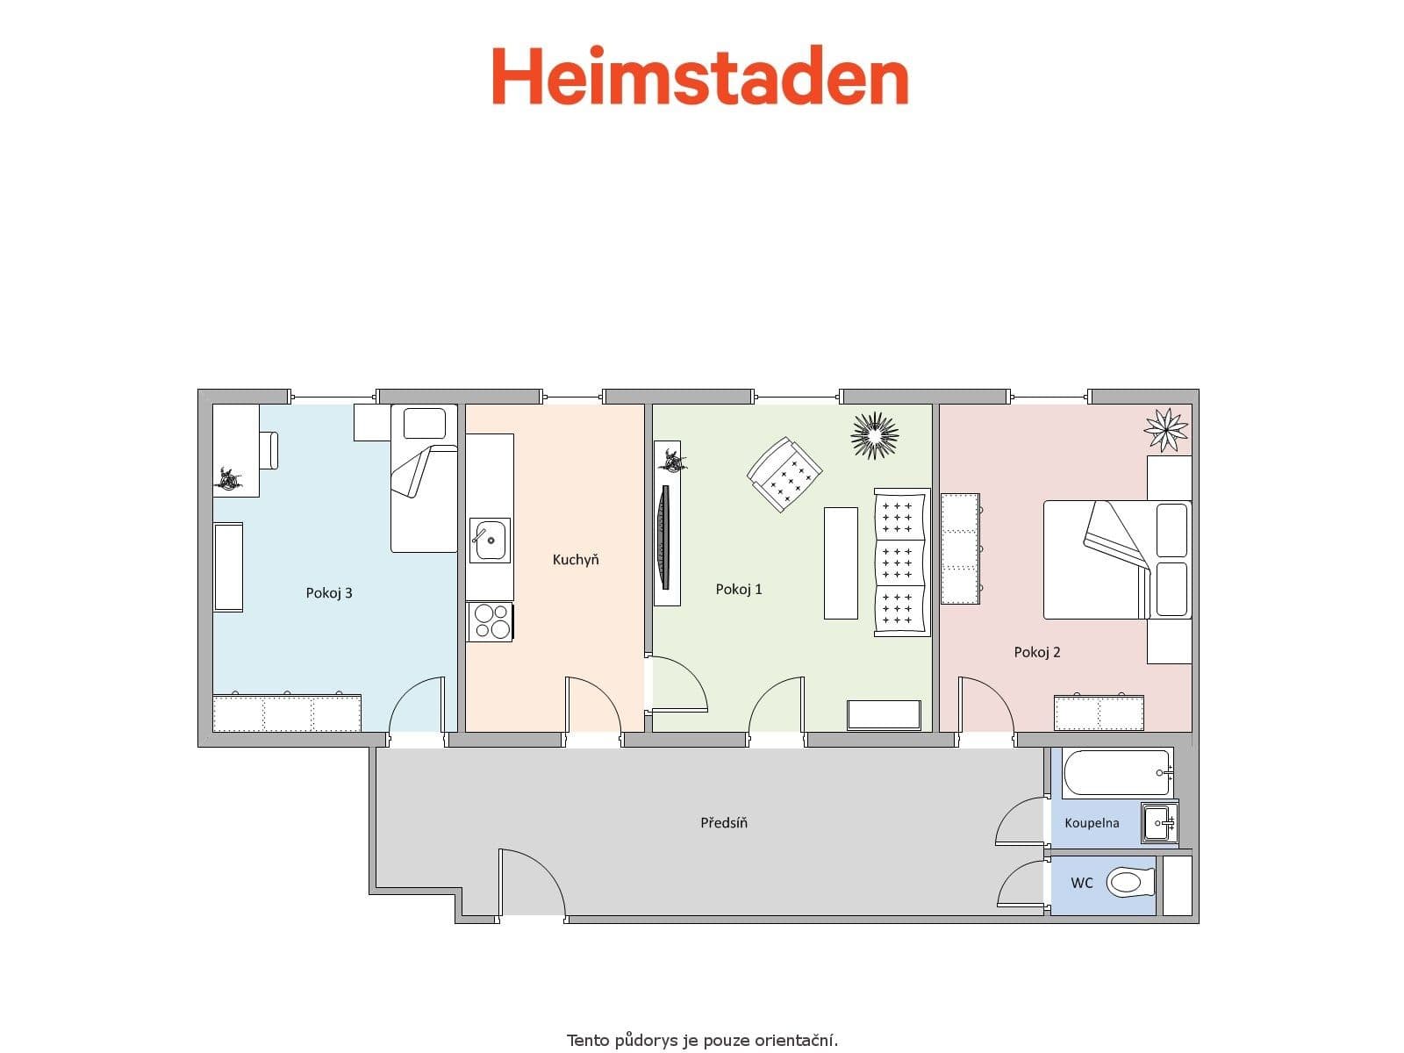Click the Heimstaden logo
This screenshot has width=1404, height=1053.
coord(699,76)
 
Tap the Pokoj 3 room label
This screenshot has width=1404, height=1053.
coord(329,593)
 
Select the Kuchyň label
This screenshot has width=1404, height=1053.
coord(576,560)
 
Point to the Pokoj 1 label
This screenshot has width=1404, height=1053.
coord(739,590)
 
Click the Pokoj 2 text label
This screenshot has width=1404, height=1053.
coord(1037,652)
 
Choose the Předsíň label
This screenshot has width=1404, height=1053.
coord(724,823)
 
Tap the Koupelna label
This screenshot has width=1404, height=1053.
coord(1092,823)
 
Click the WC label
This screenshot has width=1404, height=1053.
coord(1082,883)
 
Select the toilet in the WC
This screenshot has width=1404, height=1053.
coord(1128,882)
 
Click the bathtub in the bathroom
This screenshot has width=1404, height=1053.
coord(1116,773)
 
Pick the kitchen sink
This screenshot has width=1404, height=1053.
coord(489,540)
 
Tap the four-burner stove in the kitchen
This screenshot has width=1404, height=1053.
coord(490,621)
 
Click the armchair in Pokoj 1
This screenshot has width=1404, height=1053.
coord(784,474)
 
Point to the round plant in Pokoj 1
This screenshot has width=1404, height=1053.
coord(875,435)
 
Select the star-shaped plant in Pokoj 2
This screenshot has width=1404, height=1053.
coord(1166,430)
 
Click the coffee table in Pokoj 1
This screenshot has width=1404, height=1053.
coord(841,563)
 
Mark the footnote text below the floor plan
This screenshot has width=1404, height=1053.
coord(702,1041)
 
